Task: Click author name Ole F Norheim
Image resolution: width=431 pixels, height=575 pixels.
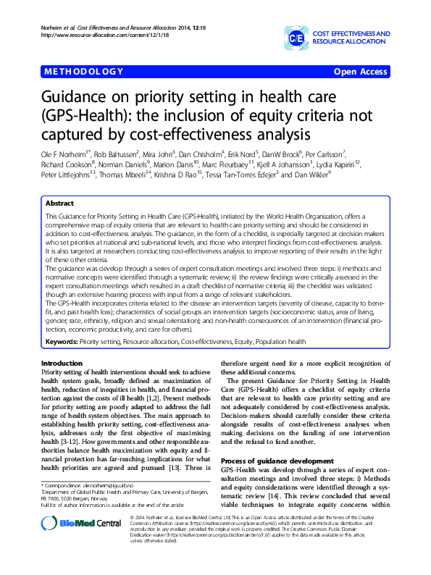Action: tap(63, 154)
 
